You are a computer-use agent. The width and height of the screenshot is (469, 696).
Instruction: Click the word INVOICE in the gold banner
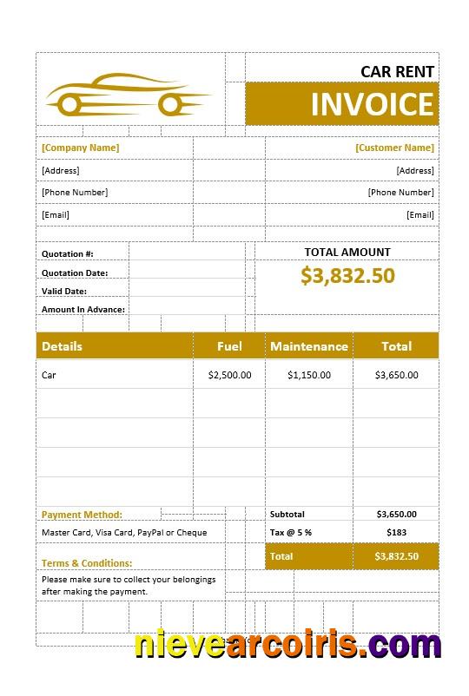click(x=372, y=104)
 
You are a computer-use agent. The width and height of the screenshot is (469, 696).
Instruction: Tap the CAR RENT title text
click(x=398, y=71)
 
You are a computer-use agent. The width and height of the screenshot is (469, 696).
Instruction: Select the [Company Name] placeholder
click(x=81, y=148)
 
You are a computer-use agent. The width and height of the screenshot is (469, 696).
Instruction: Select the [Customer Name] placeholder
click(x=394, y=148)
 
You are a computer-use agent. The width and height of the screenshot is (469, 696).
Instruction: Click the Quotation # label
click(x=68, y=254)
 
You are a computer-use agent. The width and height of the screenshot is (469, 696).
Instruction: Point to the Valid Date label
click(x=64, y=292)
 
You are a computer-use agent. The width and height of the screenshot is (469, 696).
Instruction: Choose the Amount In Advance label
click(x=83, y=310)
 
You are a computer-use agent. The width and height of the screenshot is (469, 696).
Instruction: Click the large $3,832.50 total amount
click(x=347, y=275)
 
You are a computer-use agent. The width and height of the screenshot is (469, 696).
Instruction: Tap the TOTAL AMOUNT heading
click(x=347, y=253)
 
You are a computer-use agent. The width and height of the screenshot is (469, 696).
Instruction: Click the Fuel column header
click(x=229, y=346)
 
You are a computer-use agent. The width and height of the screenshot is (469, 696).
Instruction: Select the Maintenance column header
click(x=309, y=346)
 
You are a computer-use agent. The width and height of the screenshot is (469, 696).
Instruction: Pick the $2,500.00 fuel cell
click(x=230, y=376)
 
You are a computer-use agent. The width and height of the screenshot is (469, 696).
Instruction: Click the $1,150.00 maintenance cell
click(x=309, y=376)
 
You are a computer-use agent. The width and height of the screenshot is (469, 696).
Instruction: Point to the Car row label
click(x=49, y=376)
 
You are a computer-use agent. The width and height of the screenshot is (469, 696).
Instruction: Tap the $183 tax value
click(x=396, y=532)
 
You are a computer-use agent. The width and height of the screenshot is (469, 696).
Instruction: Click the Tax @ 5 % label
click(x=291, y=532)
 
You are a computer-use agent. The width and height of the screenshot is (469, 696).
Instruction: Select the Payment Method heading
click(x=82, y=515)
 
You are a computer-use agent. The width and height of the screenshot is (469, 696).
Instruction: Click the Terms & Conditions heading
click(x=87, y=563)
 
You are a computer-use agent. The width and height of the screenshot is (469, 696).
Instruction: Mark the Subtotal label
click(x=287, y=515)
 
